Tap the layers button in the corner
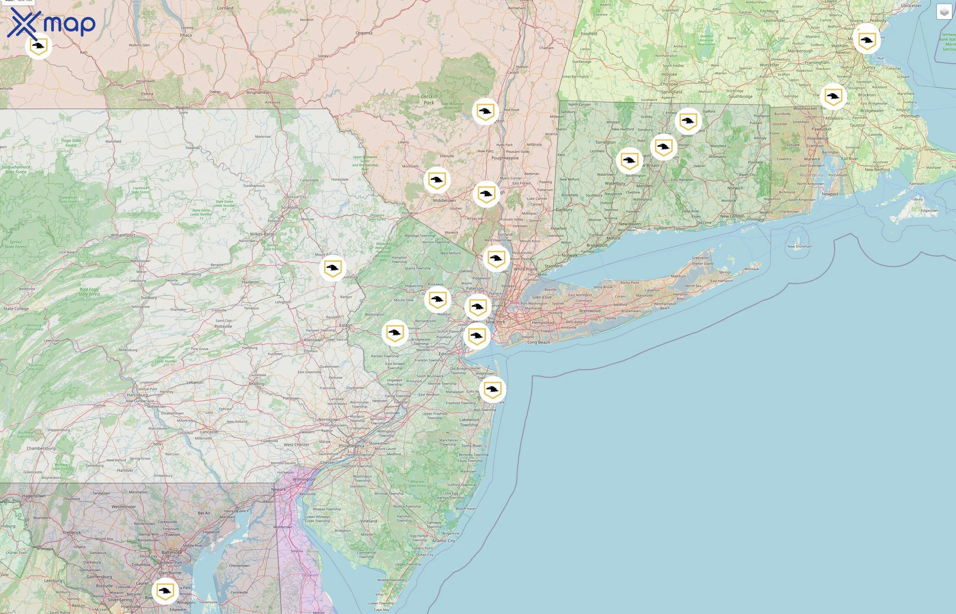point(944,12)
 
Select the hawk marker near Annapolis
point(165,591)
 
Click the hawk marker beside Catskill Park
point(485,112)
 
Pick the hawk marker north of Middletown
point(437,180)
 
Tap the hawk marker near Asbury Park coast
point(492,390)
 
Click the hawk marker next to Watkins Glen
point(38,46)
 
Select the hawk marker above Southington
point(629,161)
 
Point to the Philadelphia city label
point(351,446)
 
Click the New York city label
point(495,322)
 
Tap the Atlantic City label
point(443,541)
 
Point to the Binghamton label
point(258,92)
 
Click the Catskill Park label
point(428,100)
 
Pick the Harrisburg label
point(137,395)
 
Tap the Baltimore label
point(172,553)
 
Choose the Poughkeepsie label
point(505,158)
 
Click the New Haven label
point(630,224)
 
